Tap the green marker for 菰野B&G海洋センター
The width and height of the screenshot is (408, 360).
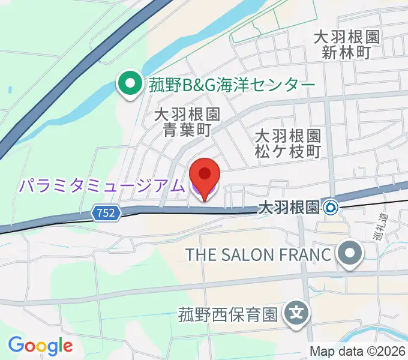[x=129, y=85]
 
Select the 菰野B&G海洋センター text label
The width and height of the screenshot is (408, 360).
[x=231, y=85]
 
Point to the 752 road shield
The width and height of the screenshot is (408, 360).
[x=107, y=212]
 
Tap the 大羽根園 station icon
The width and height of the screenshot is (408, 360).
[x=331, y=208]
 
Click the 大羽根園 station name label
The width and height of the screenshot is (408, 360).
[x=287, y=208]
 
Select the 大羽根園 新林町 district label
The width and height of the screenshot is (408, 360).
[x=347, y=45]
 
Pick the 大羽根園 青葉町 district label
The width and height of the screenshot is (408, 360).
[x=187, y=122]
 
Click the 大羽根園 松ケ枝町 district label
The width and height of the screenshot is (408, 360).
[x=288, y=143]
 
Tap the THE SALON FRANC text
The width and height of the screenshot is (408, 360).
[x=258, y=254]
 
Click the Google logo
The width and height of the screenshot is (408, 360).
[x=40, y=346]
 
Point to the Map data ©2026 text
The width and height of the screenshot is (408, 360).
[x=358, y=351]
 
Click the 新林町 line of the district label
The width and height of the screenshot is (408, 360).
[x=347, y=52]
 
